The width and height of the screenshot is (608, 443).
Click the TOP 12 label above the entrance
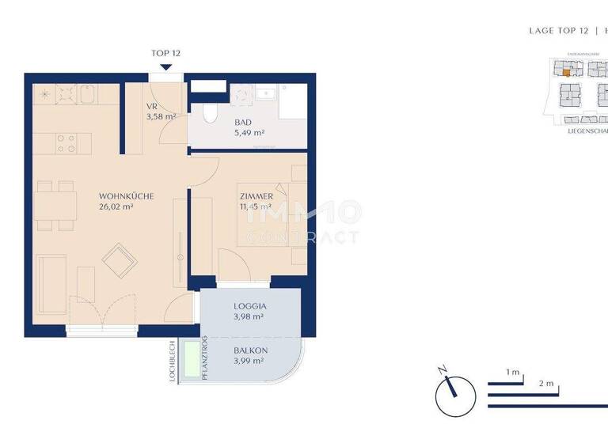coord(166,54)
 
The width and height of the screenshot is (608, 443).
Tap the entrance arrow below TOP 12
coord(166,67)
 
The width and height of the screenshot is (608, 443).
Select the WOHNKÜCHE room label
coord(126,195)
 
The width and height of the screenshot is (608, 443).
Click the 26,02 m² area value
coord(116,207)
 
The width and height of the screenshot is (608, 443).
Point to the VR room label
coord(152,106)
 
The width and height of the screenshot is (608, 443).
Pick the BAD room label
coord(243,123)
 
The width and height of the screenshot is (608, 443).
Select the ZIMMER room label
coord(256,196)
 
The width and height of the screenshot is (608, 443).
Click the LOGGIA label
coord(249,305)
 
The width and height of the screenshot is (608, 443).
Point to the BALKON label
coord(249,350)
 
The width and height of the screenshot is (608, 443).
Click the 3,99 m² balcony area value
coord(249,362)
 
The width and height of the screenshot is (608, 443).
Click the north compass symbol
coord(454,391)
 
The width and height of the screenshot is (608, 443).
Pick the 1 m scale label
coord(513,372)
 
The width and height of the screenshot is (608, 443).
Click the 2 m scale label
coord(545,383)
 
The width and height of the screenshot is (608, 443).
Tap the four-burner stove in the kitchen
coord(66,142)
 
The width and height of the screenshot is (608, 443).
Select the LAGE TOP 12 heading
coord(558,31)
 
